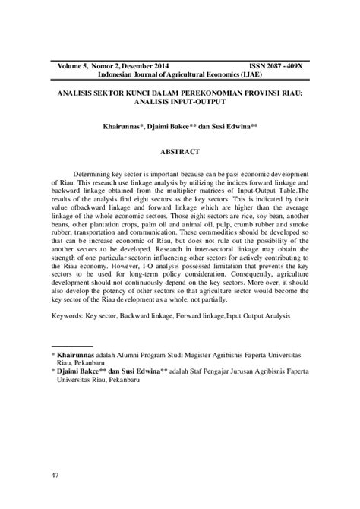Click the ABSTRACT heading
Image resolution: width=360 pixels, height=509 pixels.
tap(180, 151)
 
